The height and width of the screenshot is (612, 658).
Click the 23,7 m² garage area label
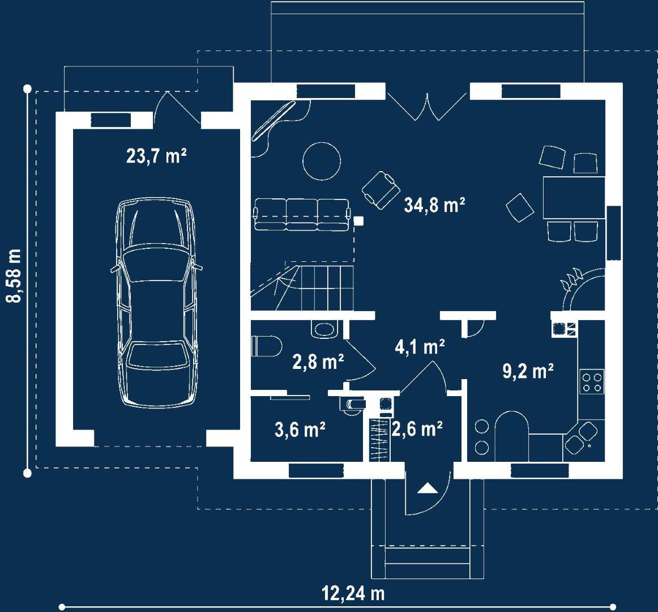156,155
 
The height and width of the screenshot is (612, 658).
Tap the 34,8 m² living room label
434,205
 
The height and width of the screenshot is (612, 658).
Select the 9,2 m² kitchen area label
528,371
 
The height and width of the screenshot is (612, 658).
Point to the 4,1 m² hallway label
419,346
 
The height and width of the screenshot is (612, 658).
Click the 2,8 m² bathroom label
318,362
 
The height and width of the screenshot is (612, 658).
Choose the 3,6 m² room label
300,430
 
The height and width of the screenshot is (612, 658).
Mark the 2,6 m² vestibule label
417,429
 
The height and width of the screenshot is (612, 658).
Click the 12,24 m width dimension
353,593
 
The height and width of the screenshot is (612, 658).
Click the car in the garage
156,303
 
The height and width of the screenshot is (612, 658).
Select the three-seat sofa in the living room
301,215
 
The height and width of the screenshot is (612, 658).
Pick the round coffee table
322,161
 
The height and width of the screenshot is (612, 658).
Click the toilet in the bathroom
267,346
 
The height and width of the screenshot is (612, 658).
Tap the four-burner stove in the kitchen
591,381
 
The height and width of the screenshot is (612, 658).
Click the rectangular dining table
573,198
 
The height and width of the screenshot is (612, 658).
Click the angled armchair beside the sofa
381,189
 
